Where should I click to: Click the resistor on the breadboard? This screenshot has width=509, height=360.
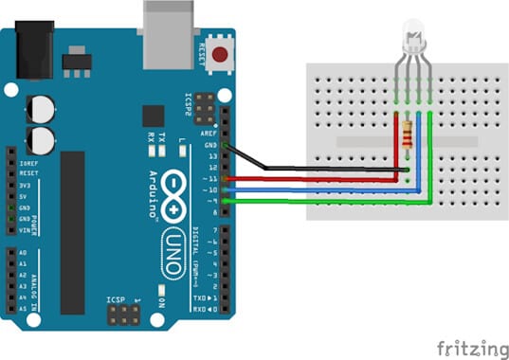[x=409, y=135]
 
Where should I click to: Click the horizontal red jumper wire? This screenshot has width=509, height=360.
[x=313, y=178]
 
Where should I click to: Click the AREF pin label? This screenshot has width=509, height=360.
[x=211, y=135]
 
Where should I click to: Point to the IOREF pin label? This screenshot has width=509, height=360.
[x=28, y=163]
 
